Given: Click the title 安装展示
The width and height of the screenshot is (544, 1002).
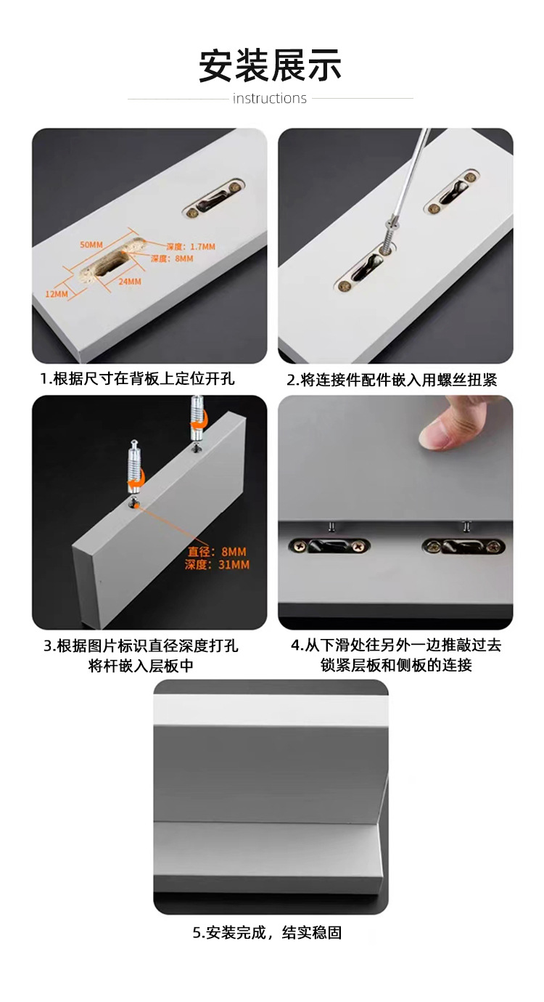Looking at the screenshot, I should coord(271,66).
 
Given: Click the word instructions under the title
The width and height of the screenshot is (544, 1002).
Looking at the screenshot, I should coord(270,99).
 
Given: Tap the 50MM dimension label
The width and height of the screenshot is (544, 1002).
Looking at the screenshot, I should coord(91,245).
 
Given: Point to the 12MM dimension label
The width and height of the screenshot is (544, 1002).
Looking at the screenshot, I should coord(56,294).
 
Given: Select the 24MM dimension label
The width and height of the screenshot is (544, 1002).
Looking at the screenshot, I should coord(130,281).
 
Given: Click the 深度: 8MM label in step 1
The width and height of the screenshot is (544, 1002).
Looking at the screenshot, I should coord(172,258).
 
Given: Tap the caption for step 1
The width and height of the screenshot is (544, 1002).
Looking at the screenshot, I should coord(137,379).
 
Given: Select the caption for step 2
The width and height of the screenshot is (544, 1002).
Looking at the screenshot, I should coord(392,380).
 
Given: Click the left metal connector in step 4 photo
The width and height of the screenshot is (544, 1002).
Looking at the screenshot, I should coord(330,545).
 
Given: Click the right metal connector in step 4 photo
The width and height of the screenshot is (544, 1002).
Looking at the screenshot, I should coord(462,545).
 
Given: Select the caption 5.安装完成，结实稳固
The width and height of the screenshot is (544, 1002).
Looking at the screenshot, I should coord(267,933).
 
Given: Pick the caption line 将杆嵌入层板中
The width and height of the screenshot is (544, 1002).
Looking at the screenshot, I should coord(141,665).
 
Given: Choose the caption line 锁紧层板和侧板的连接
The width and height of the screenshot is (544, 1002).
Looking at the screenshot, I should coord(396,665).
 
